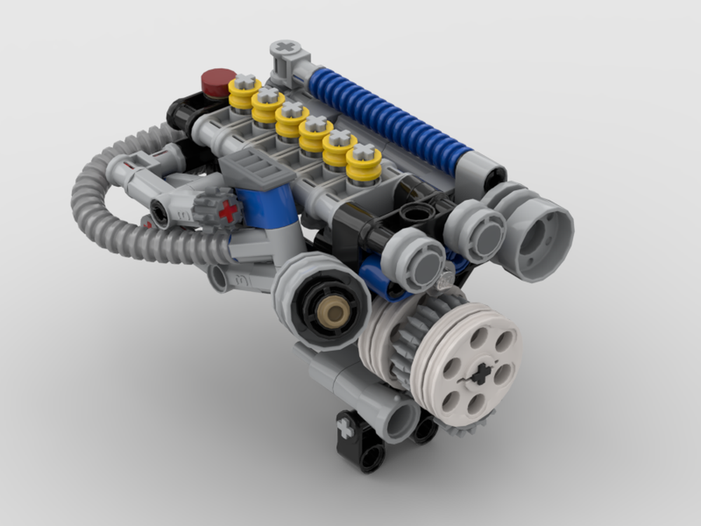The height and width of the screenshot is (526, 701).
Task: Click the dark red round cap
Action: click(x=218, y=81)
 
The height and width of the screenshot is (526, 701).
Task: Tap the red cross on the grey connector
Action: click(x=227, y=210)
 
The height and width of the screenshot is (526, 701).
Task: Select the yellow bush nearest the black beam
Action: click(x=364, y=166)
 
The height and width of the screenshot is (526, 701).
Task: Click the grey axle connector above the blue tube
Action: click(x=287, y=58)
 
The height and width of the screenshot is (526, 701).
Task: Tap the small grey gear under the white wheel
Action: click(x=463, y=426)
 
